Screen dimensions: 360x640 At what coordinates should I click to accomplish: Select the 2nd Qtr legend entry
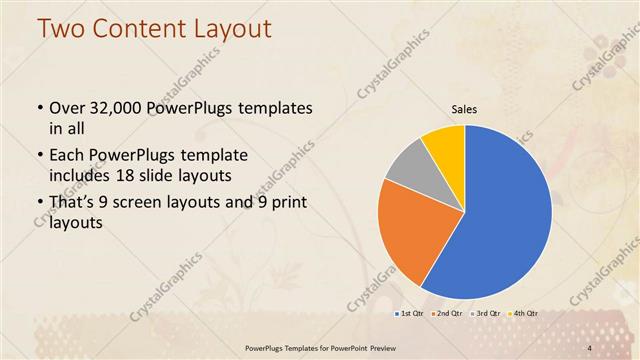point(446,314)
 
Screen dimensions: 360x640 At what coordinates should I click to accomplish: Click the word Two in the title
point(61,29)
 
